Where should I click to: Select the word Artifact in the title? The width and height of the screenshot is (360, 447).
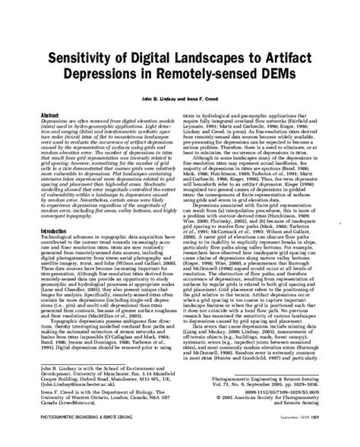303,60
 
